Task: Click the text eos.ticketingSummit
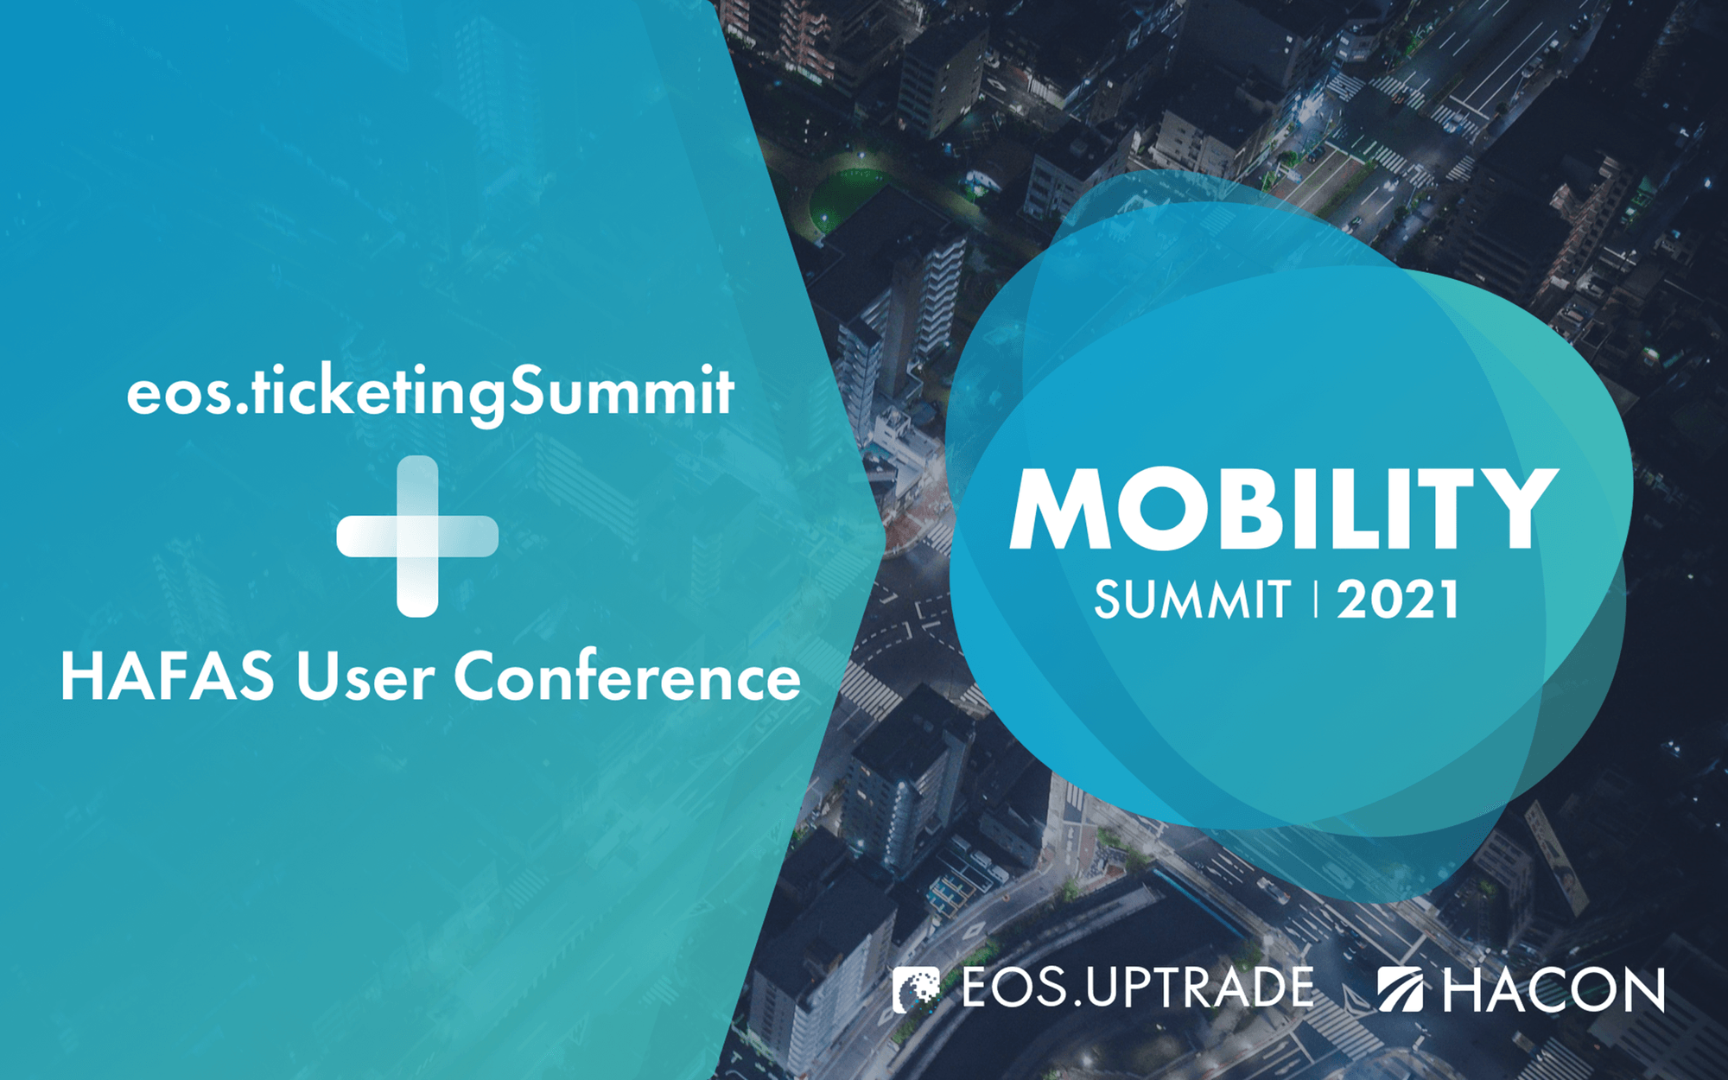tap(430, 393)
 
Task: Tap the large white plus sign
tap(417, 537)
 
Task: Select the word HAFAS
tap(168, 677)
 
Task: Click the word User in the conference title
tap(365, 677)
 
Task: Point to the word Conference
tap(627, 677)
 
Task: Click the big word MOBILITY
tap(1283, 509)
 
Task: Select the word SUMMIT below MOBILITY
tap(1192, 600)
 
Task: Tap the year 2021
tap(1398, 600)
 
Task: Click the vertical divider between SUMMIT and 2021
tap(1315, 600)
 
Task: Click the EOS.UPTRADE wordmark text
tap(1137, 988)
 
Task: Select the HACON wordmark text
tap(1553, 990)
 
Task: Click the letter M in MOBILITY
tap(1059, 509)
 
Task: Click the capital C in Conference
tap(480, 677)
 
